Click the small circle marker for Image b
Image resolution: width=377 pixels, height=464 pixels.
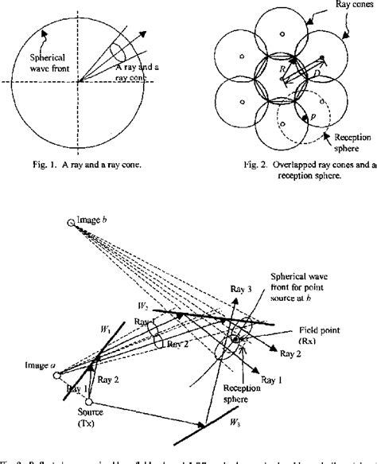click(70, 225)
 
